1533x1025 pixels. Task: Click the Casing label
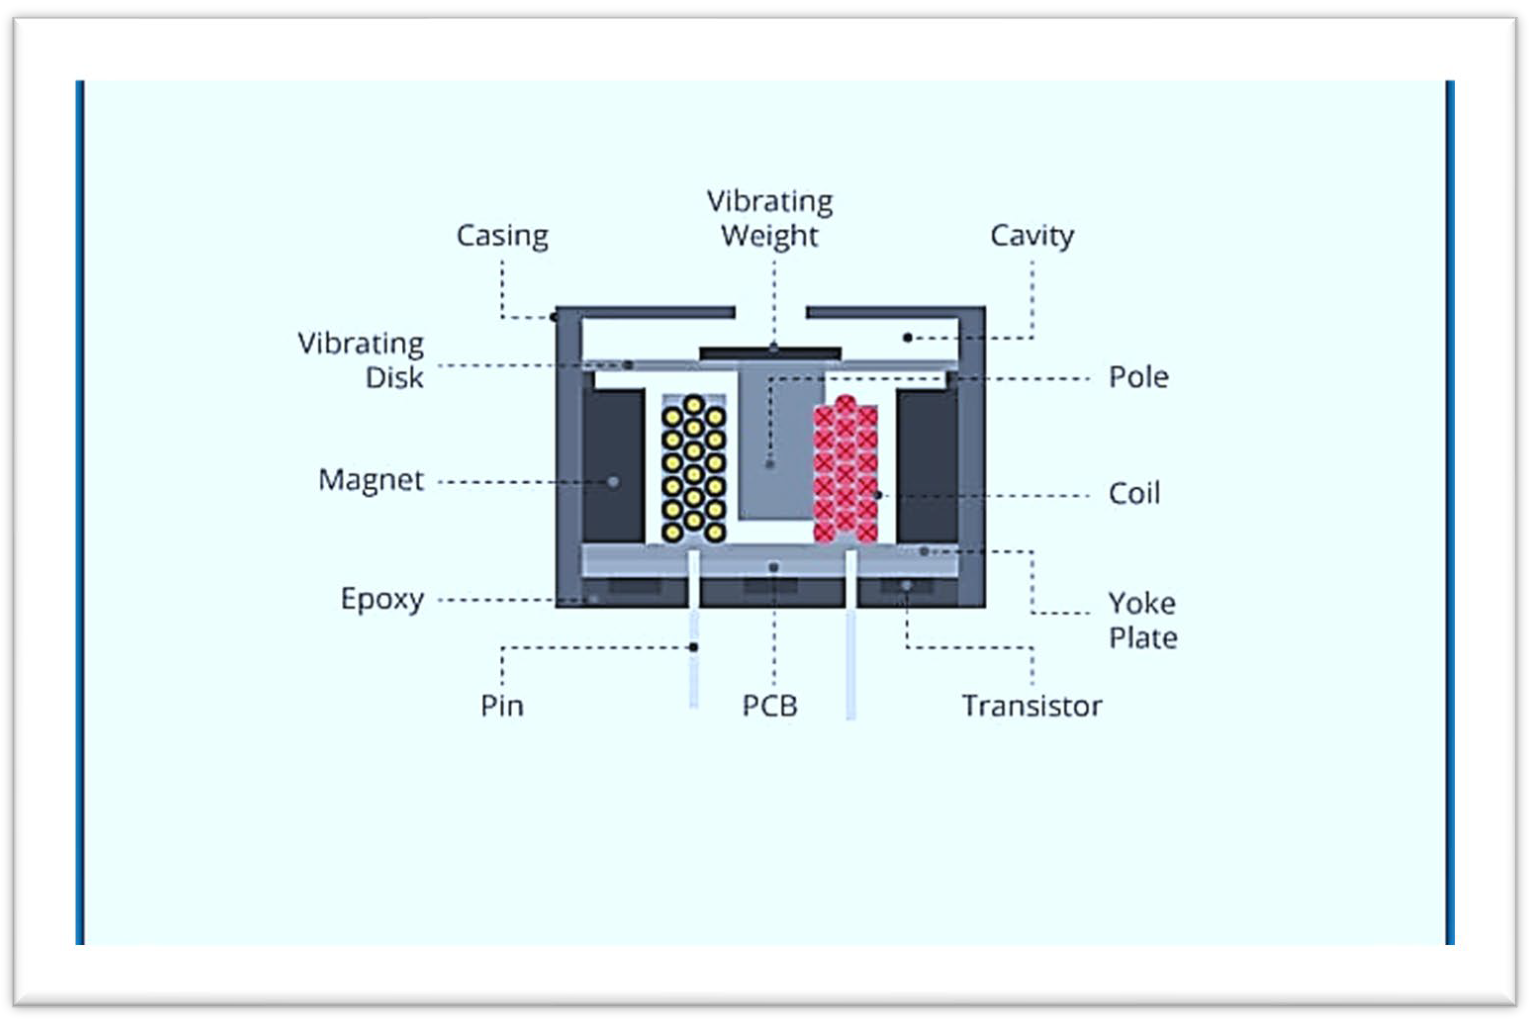coord(502,236)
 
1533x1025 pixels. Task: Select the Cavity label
coord(1032,236)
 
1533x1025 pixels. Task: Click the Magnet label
coord(371,481)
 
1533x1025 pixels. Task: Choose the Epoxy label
coord(383,599)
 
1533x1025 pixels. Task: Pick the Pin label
coord(502,706)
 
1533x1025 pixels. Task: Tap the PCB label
coord(770,706)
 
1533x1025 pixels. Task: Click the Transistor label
coord(1032,706)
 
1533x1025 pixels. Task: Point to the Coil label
coord(1134,493)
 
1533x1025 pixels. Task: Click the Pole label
coord(1138,377)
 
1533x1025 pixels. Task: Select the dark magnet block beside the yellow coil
coord(613,465)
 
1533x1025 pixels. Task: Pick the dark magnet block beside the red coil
coord(927,465)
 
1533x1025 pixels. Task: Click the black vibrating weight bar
coord(770,354)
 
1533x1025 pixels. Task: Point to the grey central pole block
coord(781,451)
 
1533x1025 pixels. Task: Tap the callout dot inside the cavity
coord(908,338)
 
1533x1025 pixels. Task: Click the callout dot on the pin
coord(693,647)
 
